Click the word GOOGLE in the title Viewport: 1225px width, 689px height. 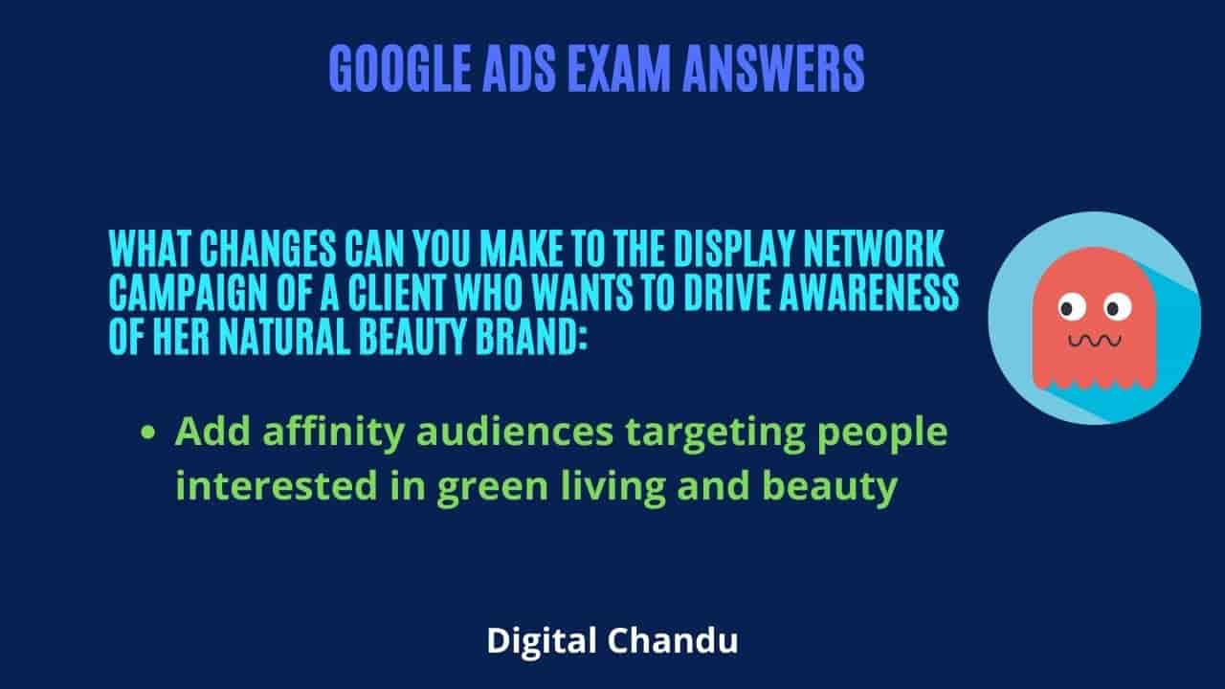coord(400,69)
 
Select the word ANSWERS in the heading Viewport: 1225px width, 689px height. coord(774,69)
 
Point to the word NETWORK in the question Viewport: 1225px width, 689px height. coord(875,248)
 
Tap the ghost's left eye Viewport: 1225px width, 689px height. coord(1071,307)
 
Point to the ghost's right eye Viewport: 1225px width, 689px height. coord(1117,307)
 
